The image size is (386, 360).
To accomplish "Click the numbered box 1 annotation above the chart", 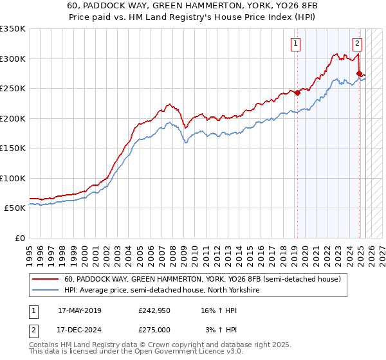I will [x=295, y=44].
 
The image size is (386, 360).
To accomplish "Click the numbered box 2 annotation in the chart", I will [x=357, y=44].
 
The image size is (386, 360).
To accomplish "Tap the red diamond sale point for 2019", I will [x=298, y=93].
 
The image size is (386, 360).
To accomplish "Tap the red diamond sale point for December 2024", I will [x=359, y=73].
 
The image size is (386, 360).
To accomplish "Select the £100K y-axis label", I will [x=13, y=178].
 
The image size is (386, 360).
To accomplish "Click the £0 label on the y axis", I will [x=20, y=238].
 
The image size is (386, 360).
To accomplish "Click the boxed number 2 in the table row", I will [x=32, y=329].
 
